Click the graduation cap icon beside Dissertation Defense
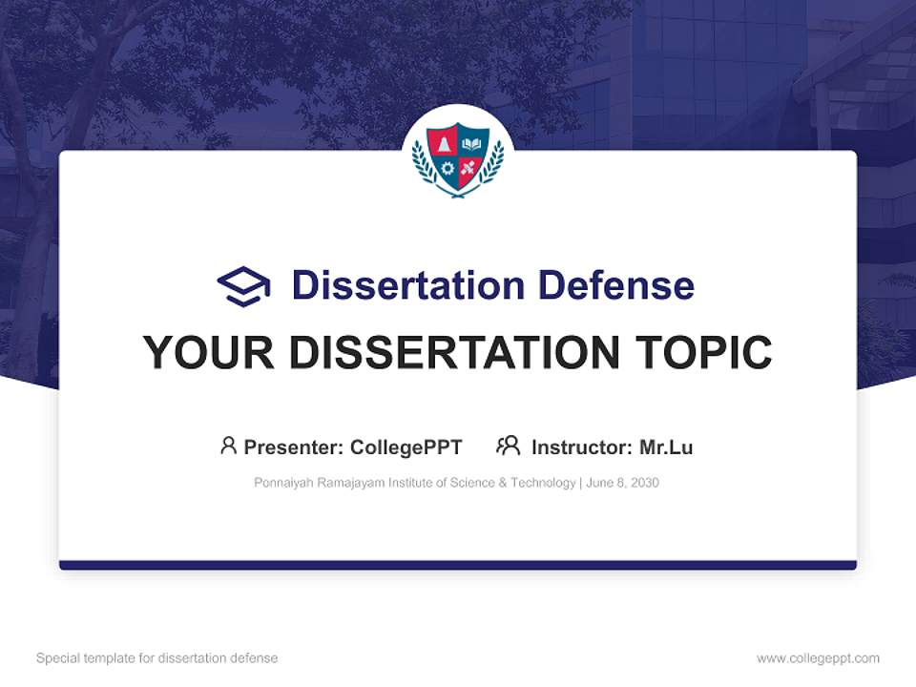[243, 286]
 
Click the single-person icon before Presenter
[228, 446]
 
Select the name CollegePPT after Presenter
[406, 448]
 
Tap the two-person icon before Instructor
[508, 446]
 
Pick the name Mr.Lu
[666, 448]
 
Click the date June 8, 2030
[622, 483]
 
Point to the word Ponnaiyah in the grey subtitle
[282, 483]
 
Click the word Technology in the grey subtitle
[543, 483]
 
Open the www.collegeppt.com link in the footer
[818, 658]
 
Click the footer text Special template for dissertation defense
[157, 658]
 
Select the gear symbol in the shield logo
[447, 169]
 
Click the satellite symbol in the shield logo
[468, 169]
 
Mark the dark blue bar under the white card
[458, 565]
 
